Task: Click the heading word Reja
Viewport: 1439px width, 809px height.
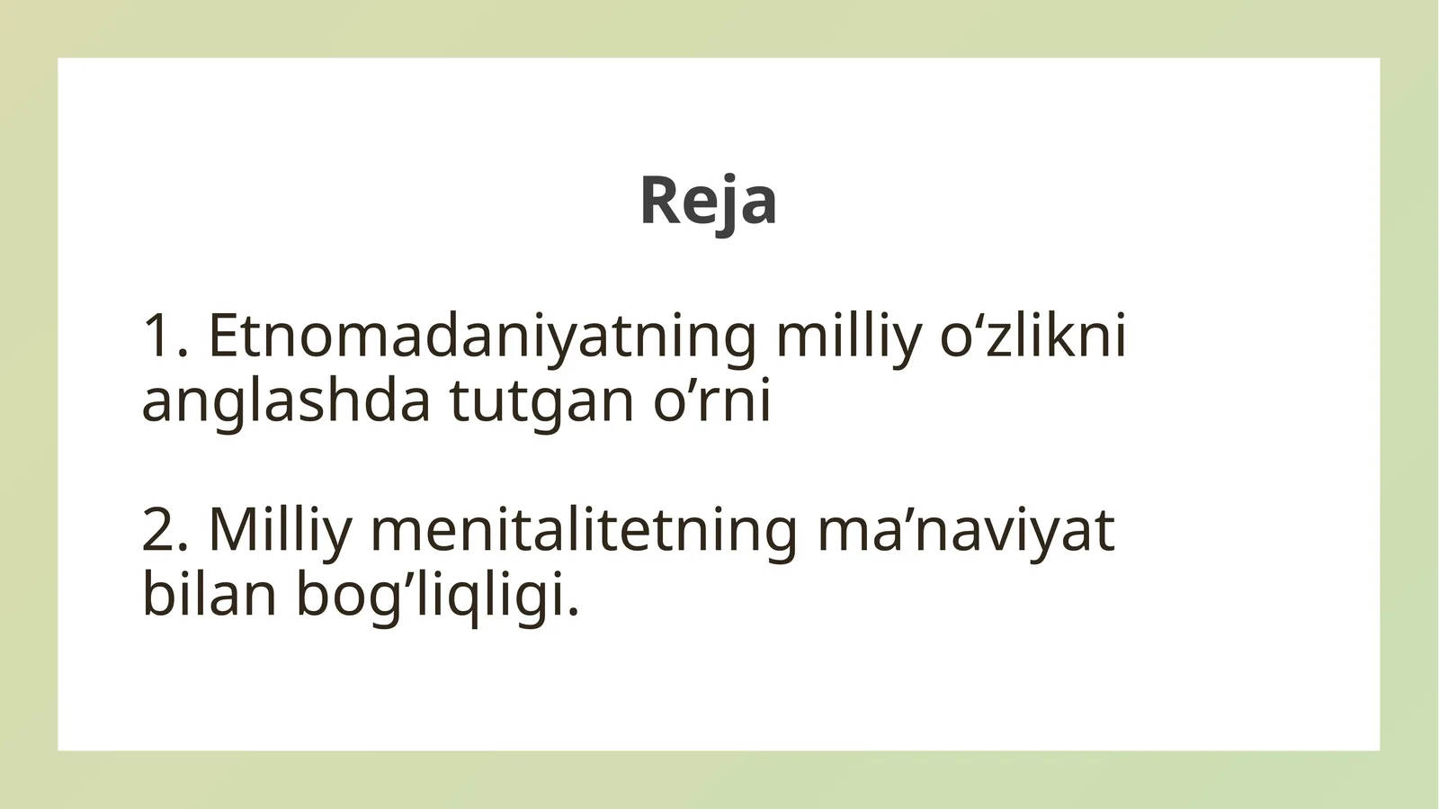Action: pyautogui.click(x=708, y=200)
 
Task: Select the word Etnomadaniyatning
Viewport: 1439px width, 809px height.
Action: pyautogui.click(x=482, y=337)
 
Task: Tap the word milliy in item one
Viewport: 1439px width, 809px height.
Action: pyautogui.click(x=848, y=337)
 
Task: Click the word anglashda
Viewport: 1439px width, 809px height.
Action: pyautogui.click(x=286, y=401)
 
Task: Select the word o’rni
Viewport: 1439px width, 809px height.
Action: pyautogui.click(x=711, y=401)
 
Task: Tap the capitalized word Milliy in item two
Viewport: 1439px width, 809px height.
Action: pyautogui.click(x=280, y=531)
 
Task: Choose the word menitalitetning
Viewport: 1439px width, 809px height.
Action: pyautogui.click(x=584, y=531)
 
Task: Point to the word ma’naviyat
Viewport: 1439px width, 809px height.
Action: pyautogui.click(x=965, y=531)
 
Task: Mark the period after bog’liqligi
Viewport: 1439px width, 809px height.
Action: pyautogui.click(x=573, y=612)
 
